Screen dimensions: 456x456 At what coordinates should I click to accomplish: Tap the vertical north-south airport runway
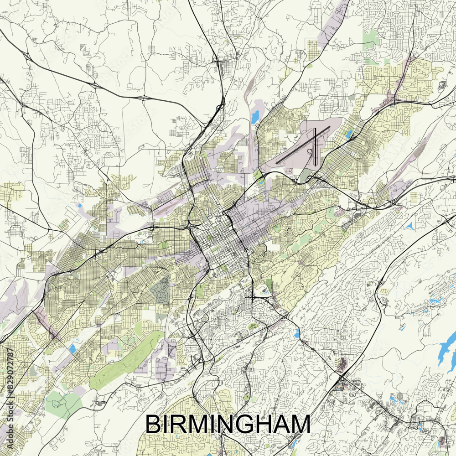(315, 146)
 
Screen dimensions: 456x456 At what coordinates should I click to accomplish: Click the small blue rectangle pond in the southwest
(73, 349)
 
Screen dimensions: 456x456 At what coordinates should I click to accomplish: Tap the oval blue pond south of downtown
(297, 333)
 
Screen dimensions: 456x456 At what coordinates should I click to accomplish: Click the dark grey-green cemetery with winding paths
(160, 290)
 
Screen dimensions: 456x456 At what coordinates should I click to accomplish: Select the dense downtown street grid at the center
(219, 237)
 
